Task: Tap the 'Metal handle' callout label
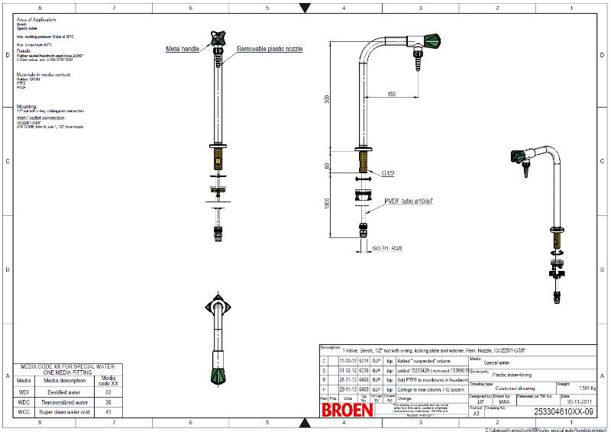click(183, 49)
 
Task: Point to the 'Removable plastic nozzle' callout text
click(270, 49)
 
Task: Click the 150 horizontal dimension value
click(391, 94)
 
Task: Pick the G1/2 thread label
click(388, 173)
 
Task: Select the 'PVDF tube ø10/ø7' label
click(409, 201)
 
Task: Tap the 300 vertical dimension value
click(327, 99)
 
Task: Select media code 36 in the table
click(109, 401)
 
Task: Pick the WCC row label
click(24, 412)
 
